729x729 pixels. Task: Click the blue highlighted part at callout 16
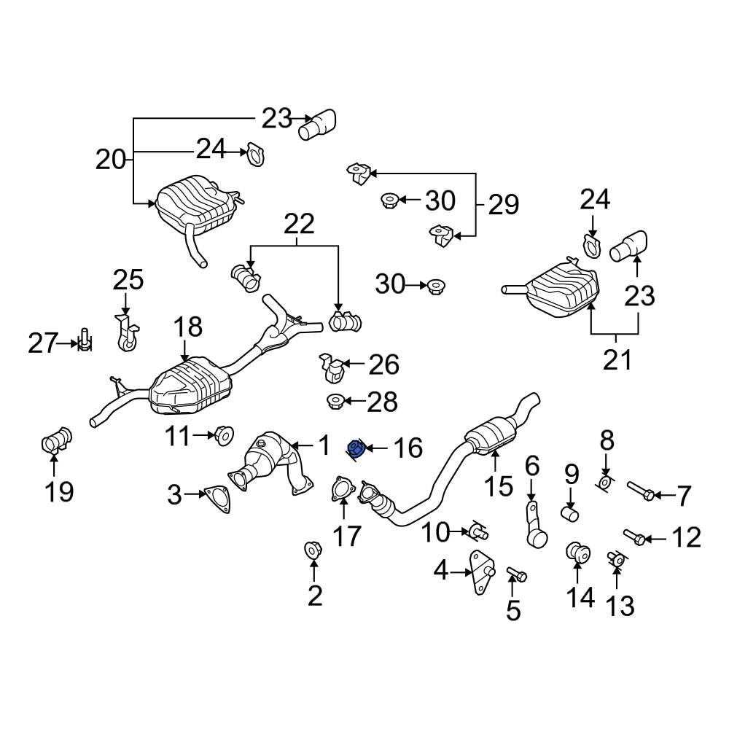357,450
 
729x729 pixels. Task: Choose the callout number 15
500,486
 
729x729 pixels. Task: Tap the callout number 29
503,204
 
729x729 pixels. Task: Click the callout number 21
617,359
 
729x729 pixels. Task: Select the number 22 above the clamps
299,224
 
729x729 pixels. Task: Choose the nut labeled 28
335,400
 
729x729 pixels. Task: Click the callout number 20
111,158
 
